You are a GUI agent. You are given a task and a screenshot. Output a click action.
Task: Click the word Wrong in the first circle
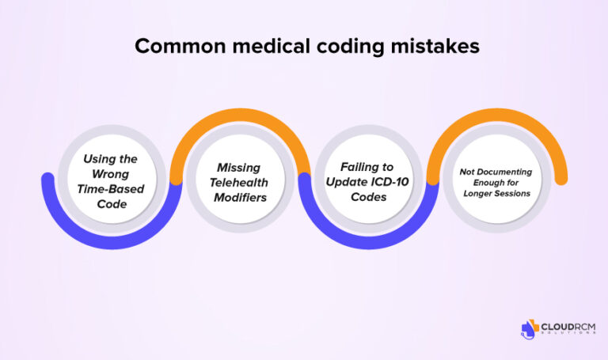point(111,173)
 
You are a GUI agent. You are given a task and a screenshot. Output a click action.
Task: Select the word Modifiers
point(240,196)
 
